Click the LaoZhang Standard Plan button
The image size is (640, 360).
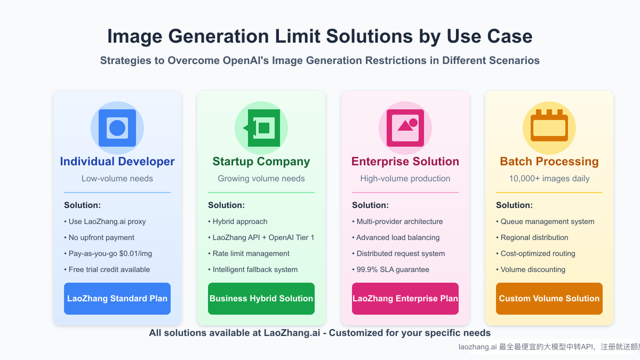coord(117,299)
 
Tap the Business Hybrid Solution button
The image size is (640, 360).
coord(261,299)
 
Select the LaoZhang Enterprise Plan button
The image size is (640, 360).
coord(405,299)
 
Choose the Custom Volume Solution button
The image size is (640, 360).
coord(549,299)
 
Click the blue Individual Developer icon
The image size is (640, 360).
coord(117,128)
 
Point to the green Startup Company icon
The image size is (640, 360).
coord(261,128)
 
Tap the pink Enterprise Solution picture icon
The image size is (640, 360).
coord(405,128)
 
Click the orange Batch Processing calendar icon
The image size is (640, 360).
coord(549,128)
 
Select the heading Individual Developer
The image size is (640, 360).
coord(117,162)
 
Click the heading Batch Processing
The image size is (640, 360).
coord(549,162)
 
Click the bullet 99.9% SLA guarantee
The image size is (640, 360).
coord(393,269)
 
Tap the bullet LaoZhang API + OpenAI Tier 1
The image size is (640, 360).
coord(263,237)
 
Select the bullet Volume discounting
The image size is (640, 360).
coord(533,269)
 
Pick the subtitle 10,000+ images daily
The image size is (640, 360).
coord(549,179)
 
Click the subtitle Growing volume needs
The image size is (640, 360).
coord(261,179)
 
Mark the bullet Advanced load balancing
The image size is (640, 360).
coord(398,237)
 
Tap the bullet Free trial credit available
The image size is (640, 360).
coord(109,269)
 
